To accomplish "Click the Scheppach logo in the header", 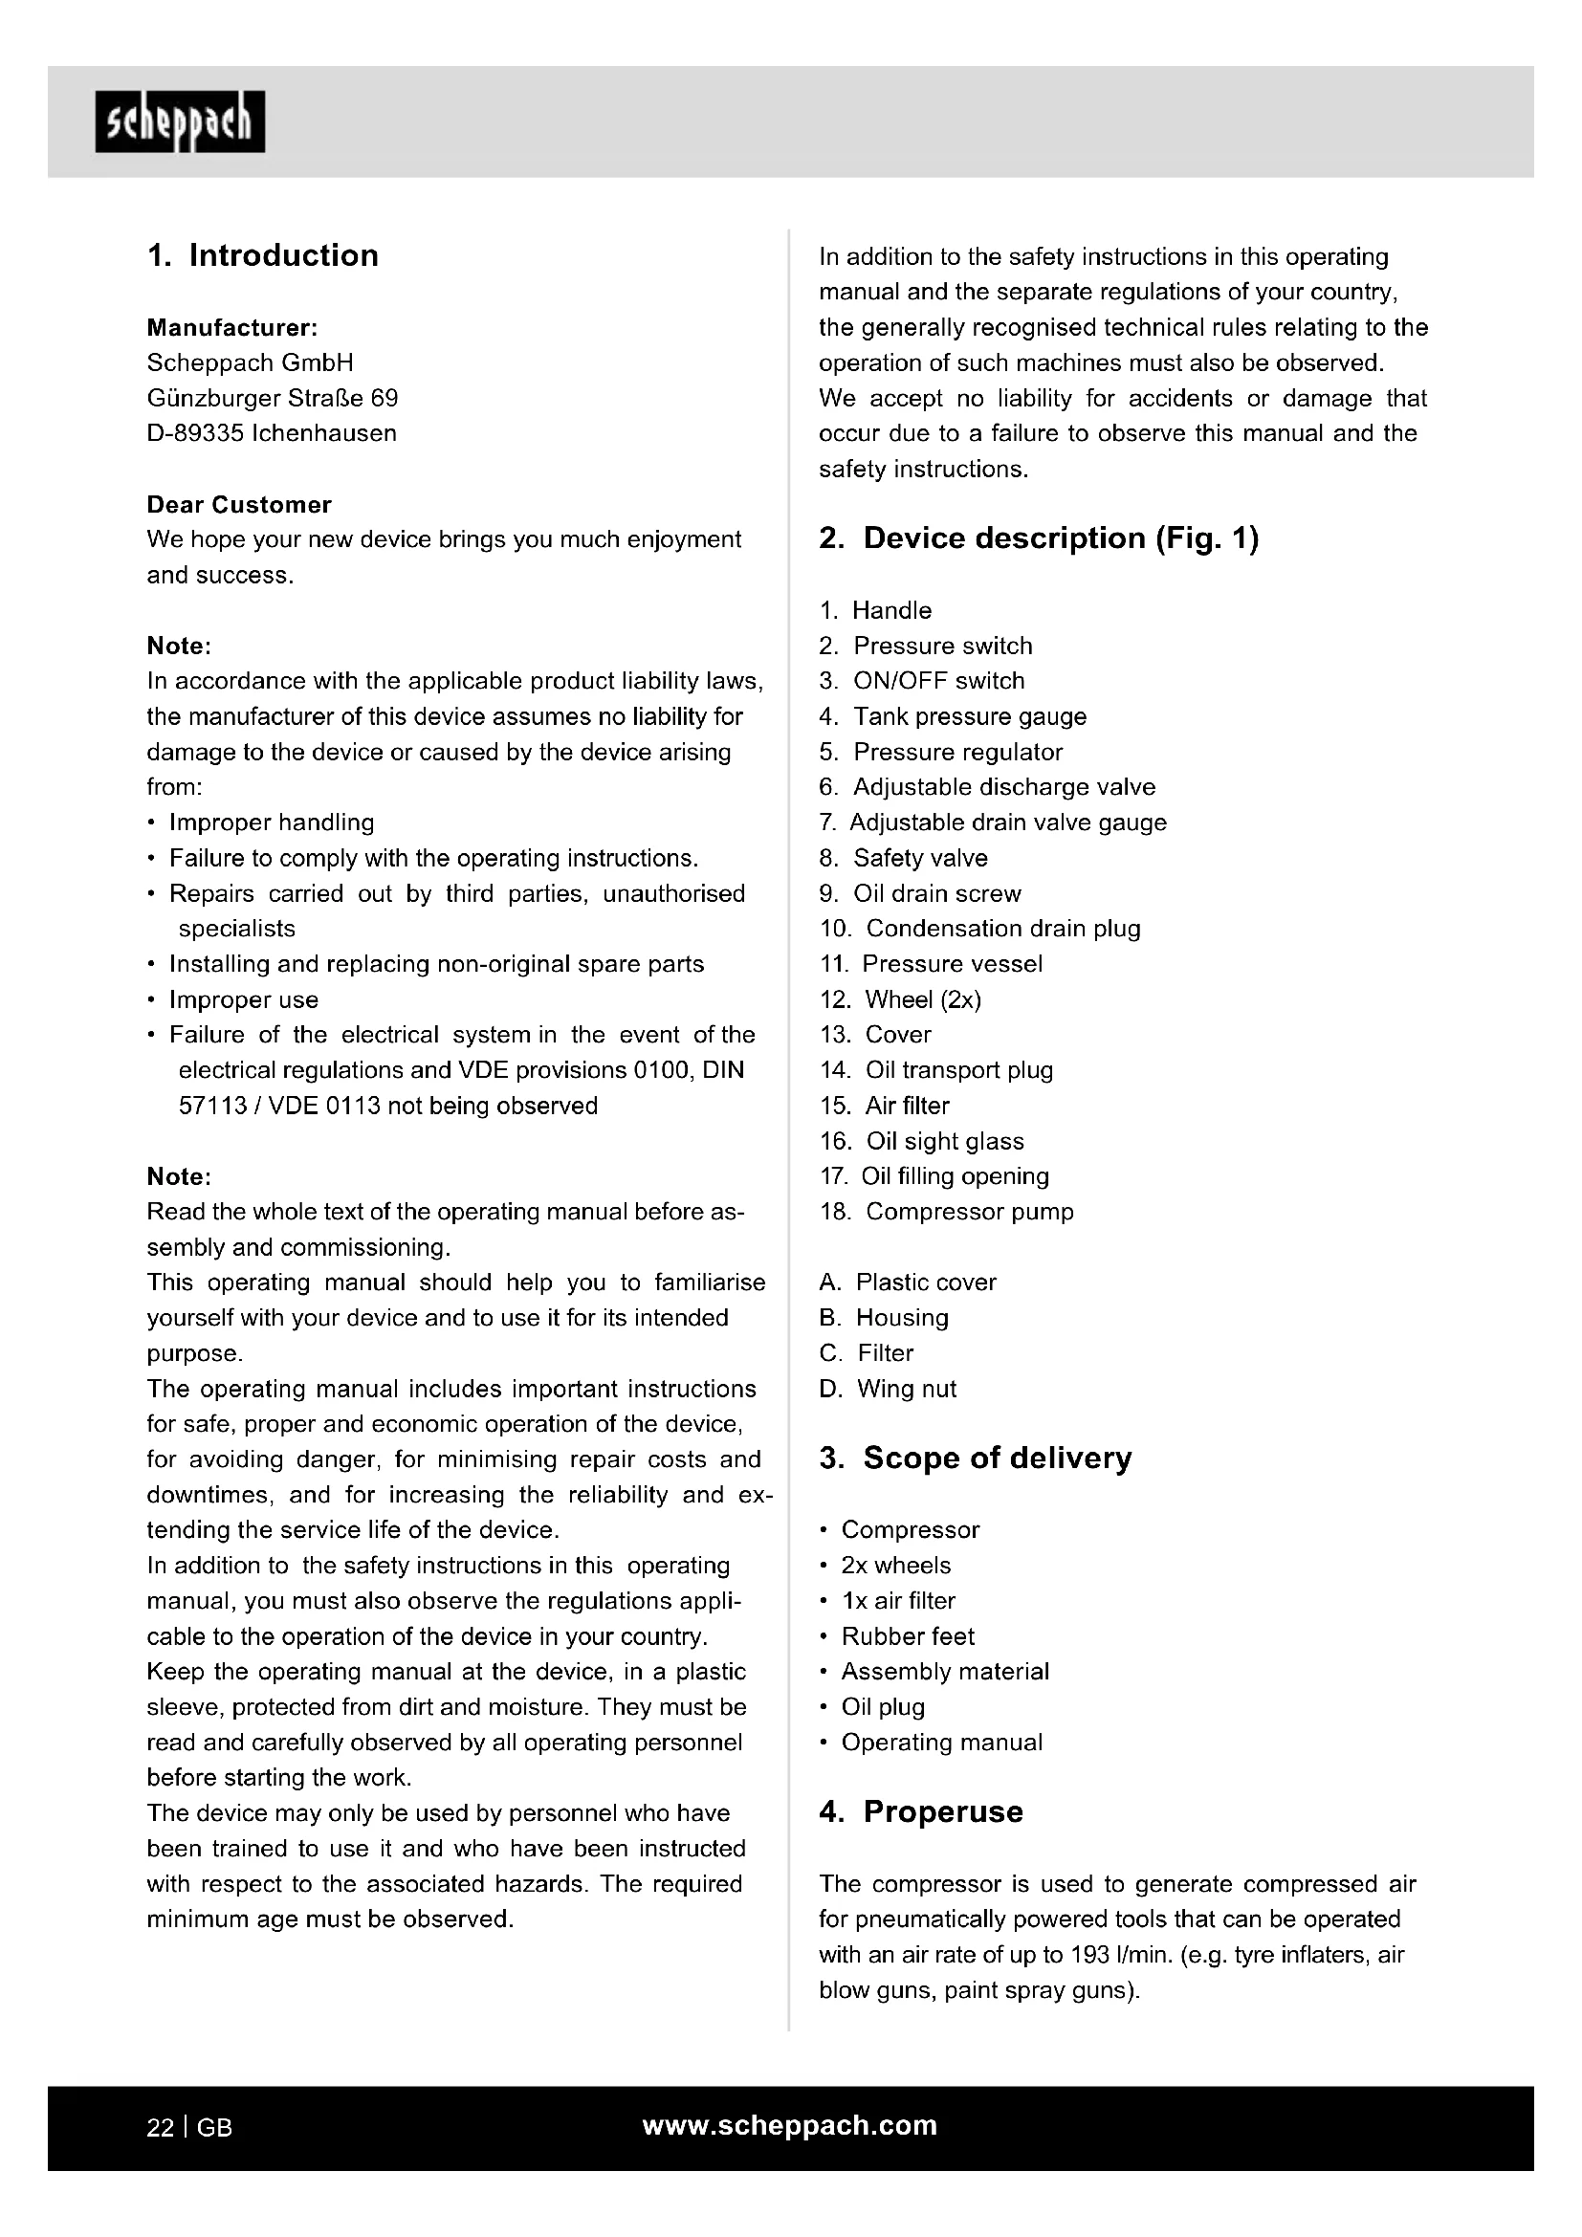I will (x=180, y=122).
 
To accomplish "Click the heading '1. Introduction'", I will (x=263, y=255).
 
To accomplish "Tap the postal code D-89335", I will (x=195, y=433).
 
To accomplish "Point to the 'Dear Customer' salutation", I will (x=239, y=505).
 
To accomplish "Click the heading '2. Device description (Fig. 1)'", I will (x=1039, y=537).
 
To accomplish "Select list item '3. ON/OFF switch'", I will (x=922, y=681).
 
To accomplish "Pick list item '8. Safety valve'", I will (x=904, y=858).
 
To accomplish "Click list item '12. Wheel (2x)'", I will (x=901, y=999).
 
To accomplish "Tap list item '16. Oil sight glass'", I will (x=922, y=1141).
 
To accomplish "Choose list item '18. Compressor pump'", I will (x=947, y=1212).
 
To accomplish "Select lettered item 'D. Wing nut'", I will (x=889, y=1389).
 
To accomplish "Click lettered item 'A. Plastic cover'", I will (x=908, y=1283).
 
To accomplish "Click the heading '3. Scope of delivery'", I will (x=975, y=1458).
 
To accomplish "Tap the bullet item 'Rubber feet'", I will (x=908, y=1636).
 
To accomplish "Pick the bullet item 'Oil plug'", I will (x=884, y=1707).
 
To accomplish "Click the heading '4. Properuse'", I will (x=921, y=1812).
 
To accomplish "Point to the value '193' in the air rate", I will (x=1090, y=1956).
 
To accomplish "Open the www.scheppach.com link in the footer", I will (x=790, y=2126).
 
